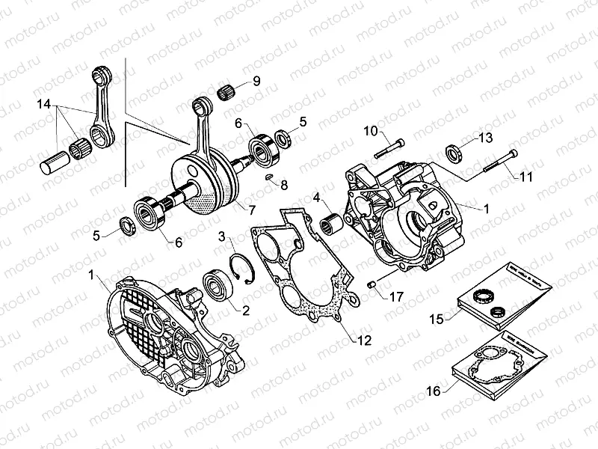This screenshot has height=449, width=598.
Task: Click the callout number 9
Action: point(256,82)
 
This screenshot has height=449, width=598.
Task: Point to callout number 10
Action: point(371,132)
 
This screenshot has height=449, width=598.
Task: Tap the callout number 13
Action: point(486,138)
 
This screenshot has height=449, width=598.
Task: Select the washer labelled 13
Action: point(453,153)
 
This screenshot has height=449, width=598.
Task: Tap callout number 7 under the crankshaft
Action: point(252,210)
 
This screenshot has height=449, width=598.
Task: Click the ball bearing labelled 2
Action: point(218,287)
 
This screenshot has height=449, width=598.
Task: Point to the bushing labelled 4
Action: point(330,222)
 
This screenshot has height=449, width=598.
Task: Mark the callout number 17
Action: point(395,296)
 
